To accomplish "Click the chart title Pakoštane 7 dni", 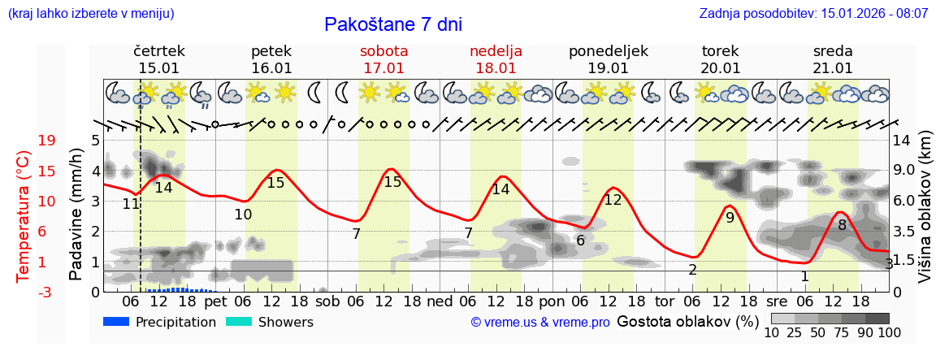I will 392,24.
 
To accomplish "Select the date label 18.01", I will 496,68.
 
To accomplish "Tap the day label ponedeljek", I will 608,51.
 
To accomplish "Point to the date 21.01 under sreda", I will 833,68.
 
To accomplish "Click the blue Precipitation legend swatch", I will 117,322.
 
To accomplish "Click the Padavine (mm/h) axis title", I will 76,214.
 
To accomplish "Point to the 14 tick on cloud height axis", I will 903,141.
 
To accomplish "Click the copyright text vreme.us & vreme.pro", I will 540,322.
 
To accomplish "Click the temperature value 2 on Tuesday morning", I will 692,270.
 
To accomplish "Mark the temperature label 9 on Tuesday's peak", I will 730,217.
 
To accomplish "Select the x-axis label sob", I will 328,301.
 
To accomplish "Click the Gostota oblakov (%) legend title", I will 687,321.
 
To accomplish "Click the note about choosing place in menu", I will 90,14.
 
